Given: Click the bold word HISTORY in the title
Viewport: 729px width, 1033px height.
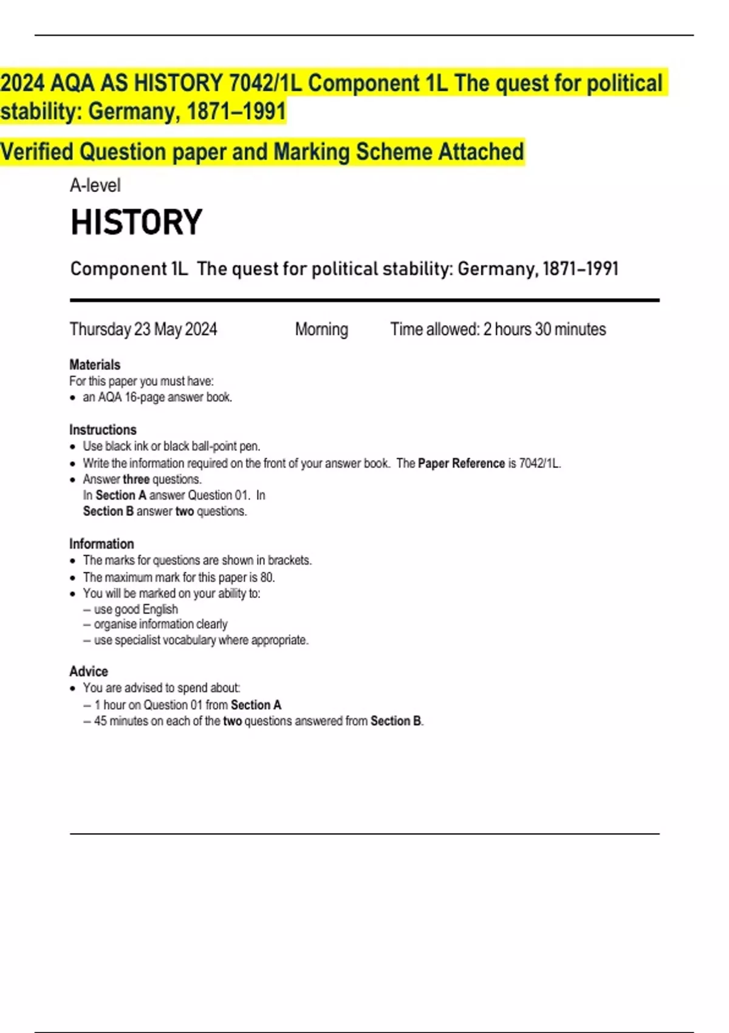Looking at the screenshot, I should (136, 222).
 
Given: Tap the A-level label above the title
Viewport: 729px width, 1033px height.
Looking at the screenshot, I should (95, 185).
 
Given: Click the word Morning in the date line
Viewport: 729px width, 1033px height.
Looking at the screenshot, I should (321, 329).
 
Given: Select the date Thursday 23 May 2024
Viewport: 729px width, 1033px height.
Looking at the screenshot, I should (143, 329).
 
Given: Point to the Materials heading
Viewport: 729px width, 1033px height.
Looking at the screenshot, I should (95, 365).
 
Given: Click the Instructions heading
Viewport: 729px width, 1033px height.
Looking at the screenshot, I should (103, 430).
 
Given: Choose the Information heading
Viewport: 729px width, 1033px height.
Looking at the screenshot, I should (101, 544).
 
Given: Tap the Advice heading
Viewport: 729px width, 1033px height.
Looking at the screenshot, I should (89, 671).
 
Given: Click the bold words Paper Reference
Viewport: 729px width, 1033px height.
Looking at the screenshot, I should (461, 464).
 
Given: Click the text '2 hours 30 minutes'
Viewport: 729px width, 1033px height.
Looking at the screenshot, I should (544, 329).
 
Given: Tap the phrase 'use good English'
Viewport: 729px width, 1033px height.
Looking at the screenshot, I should (136, 609).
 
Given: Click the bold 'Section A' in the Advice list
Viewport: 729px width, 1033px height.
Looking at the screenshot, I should (256, 705).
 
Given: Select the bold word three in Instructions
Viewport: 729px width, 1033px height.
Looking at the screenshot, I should (136, 479).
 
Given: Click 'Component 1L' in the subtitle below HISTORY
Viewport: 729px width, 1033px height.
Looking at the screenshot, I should (129, 269).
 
